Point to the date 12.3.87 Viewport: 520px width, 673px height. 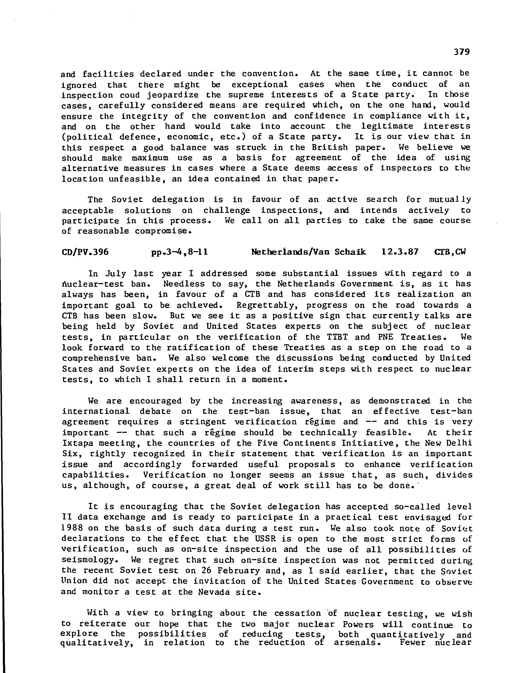pyautogui.click(x=400, y=252)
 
